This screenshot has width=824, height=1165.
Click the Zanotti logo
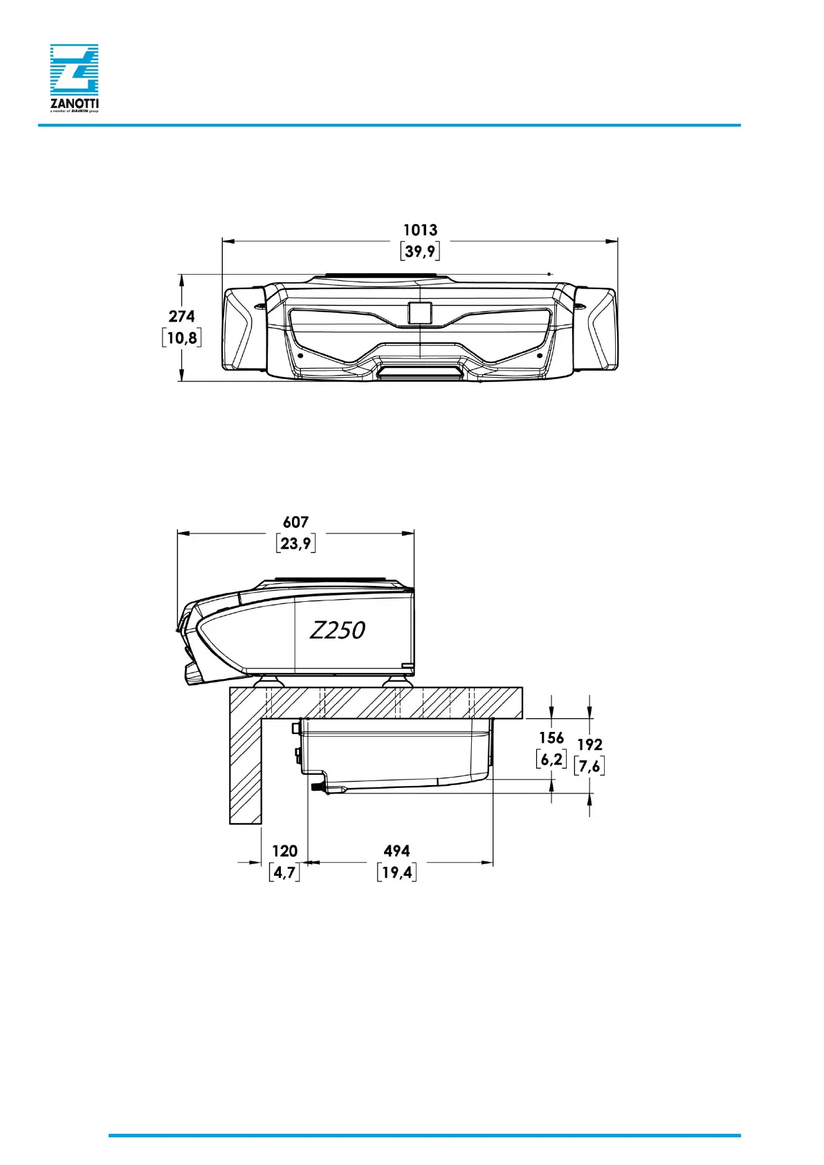(x=74, y=77)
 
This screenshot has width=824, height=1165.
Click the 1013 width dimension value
(x=420, y=230)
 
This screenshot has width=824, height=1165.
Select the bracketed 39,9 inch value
(x=420, y=251)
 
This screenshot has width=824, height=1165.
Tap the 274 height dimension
(x=181, y=316)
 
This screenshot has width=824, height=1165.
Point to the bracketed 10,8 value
(x=182, y=338)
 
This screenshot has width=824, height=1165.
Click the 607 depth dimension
(x=295, y=522)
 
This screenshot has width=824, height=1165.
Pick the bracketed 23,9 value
(x=296, y=543)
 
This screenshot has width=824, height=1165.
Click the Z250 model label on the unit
(x=337, y=630)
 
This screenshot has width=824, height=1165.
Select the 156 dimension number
(x=551, y=738)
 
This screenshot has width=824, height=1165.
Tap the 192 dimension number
(x=589, y=744)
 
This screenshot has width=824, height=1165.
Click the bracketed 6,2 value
(x=551, y=759)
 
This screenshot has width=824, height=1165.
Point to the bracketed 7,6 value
(x=589, y=766)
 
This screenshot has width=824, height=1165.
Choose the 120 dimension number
(x=284, y=851)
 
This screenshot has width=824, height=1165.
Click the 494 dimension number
(x=396, y=851)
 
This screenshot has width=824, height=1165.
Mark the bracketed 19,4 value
(x=396, y=872)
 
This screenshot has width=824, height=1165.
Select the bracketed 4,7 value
(x=284, y=872)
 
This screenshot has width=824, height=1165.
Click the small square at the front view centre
(x=420, y=313)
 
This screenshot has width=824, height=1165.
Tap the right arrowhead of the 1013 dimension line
(x=612, y=241)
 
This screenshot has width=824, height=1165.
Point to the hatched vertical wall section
(x=246, y=768)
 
